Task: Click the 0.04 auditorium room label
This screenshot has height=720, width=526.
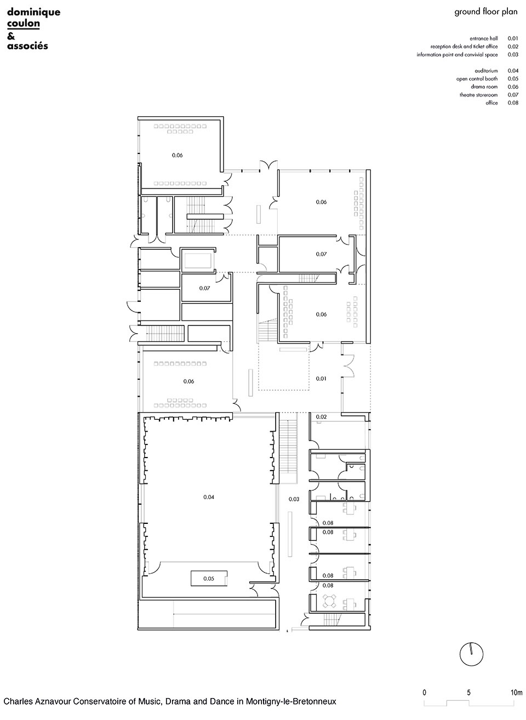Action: click(x=209, y=497)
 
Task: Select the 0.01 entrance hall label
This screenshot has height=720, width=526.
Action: click(x=321, y=379)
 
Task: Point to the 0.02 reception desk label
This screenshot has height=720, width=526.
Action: click(x=321, y=417)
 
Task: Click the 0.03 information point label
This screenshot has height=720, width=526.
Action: click(x=294, y=499)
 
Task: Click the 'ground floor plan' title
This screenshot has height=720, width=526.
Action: click(x=486, y=12)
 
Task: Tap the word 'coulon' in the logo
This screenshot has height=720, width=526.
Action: click(x=24, y=24)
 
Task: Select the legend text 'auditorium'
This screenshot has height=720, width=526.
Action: click(x=486, y=71)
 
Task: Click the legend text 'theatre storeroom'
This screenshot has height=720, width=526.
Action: click(x=478, y=95)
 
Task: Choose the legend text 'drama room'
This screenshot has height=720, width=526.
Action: click(x=484, y=87)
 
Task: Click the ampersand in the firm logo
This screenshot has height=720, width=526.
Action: click(x=11, y=36)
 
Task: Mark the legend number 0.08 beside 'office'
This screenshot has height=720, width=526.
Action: click(x=513, y=103)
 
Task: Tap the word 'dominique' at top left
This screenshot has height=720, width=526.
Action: click(x=34, y=13)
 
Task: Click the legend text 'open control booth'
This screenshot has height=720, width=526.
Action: click(x=477, y=79)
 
